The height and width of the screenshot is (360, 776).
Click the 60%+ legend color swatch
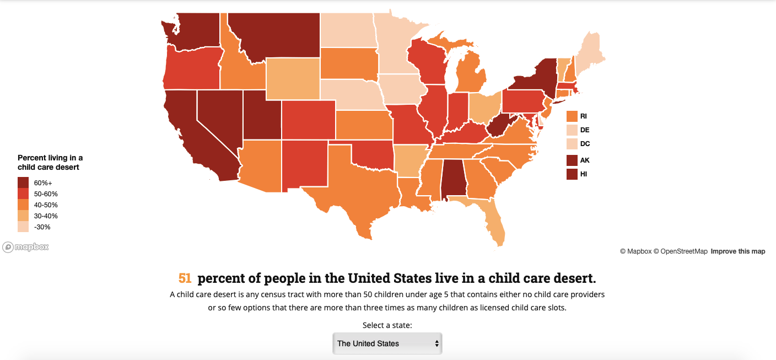point(23,182)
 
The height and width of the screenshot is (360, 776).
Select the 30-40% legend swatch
point(23,216)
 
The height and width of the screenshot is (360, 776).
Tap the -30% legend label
point(42,227)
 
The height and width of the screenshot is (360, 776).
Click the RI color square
point(572,116)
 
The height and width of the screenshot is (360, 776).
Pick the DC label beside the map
point(585,144)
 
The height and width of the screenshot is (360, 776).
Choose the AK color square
point(572,160)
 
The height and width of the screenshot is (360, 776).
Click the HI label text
point(584,174)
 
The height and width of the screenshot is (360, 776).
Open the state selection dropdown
point(387,343)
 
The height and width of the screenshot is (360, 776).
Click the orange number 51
point(185,278)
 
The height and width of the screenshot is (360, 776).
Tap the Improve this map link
point(737,251)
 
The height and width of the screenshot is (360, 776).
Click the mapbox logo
point(25,247)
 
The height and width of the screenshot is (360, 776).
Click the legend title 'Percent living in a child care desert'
point(50,162)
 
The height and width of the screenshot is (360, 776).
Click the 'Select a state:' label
point(387,325)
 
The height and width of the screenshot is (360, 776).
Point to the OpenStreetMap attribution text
point(680,251)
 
